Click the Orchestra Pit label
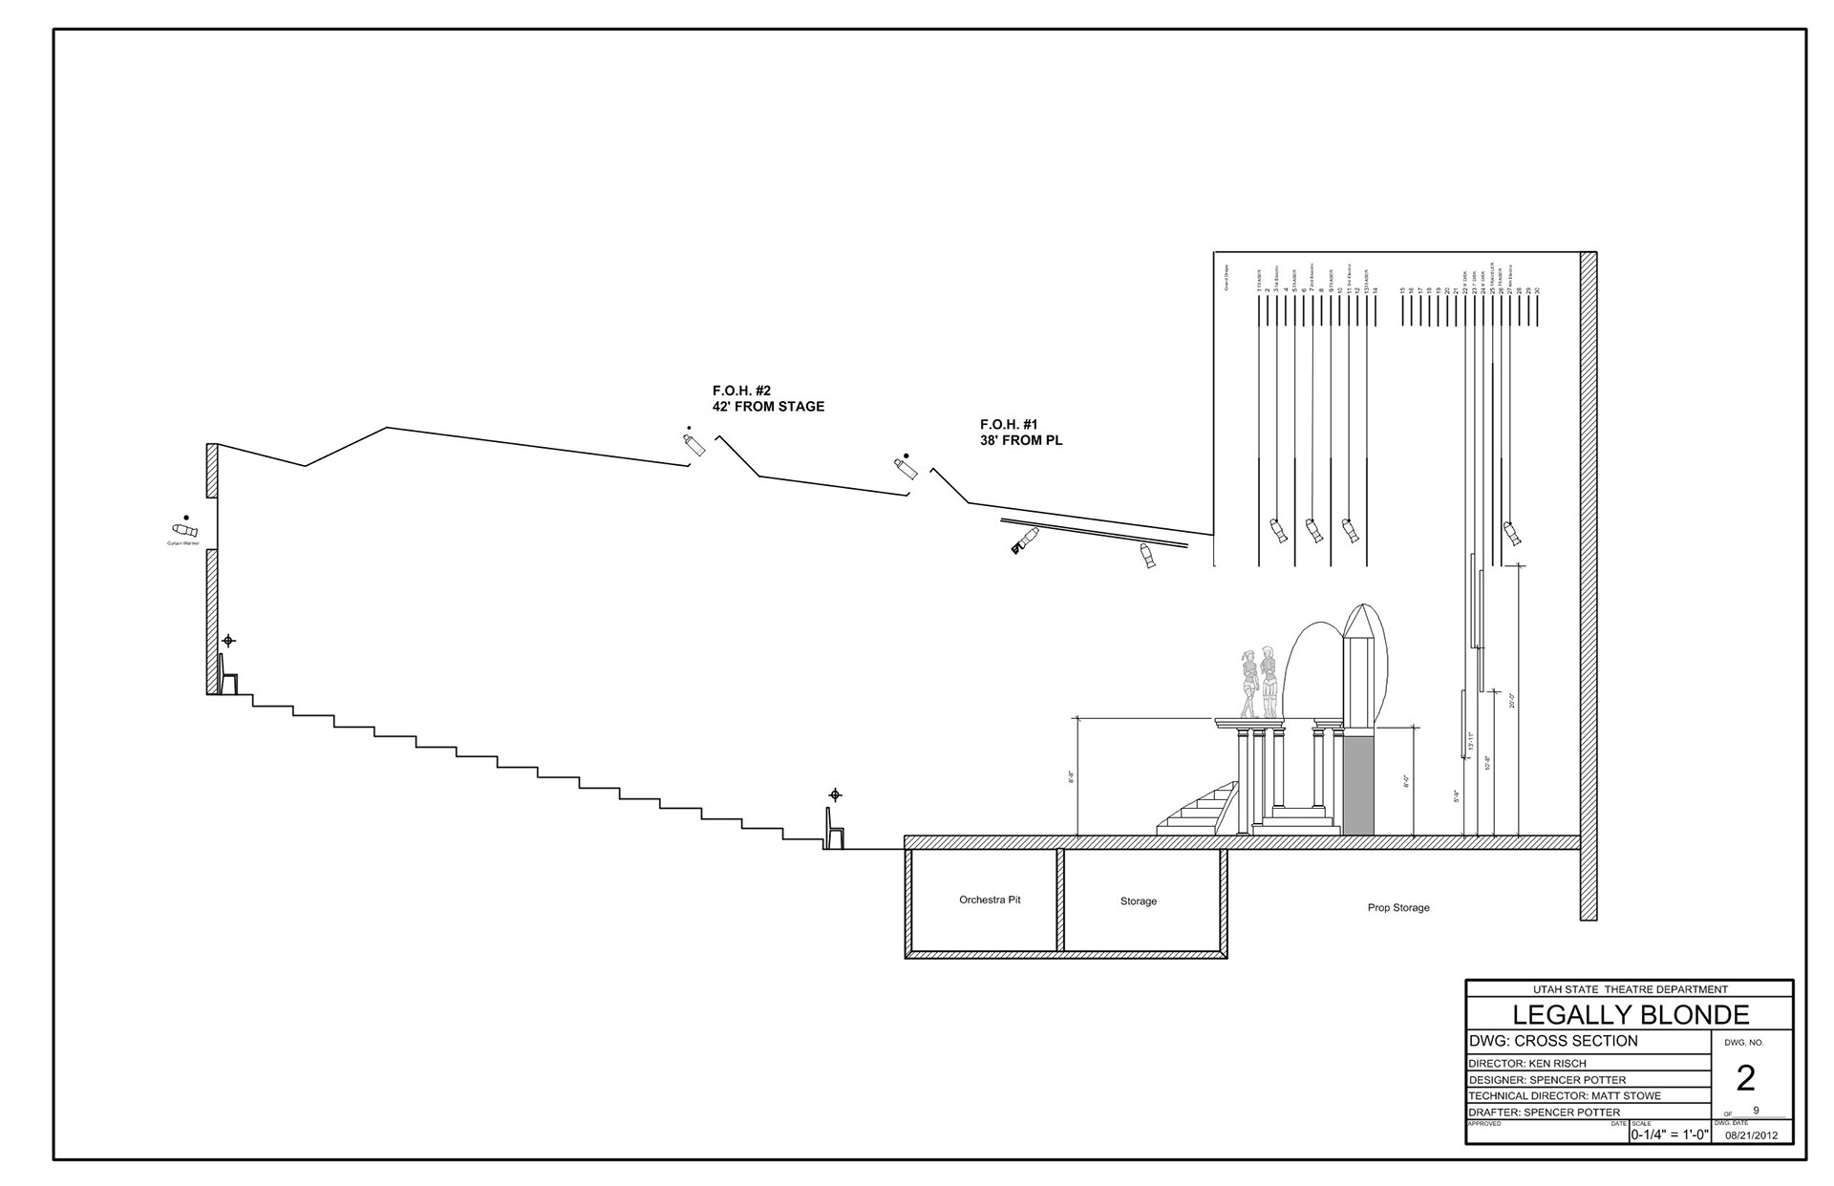click(990, 900)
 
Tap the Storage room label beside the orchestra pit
click(1138, 901)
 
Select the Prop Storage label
click(1397, 907)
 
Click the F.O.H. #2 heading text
click(741, 391)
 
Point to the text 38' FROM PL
click(1021, 441)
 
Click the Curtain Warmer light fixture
click(182, 530)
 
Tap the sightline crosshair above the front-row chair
click(835, 794)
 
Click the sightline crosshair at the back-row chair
click(227, 641)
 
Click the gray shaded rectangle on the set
click(1358, 784)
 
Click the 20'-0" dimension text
click(1512, 701)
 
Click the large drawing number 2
click(1745, 1078)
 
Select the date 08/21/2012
click(1752, 1135)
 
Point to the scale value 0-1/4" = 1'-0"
click(1670, 1135)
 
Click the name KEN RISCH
click(1561, 1063)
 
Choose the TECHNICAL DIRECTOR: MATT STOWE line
click(1565, 1095)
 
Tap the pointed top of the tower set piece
click(1359, 611)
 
